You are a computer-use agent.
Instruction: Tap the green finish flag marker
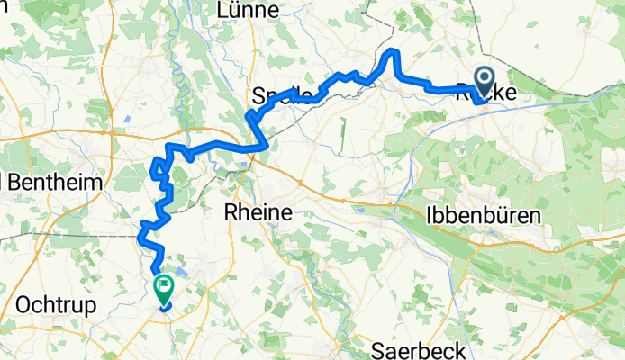pos(164,288)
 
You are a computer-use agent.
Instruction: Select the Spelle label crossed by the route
pos(286,94)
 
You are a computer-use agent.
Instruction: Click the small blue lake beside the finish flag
pos(183,268)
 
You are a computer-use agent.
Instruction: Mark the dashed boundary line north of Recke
pos(486,36)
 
